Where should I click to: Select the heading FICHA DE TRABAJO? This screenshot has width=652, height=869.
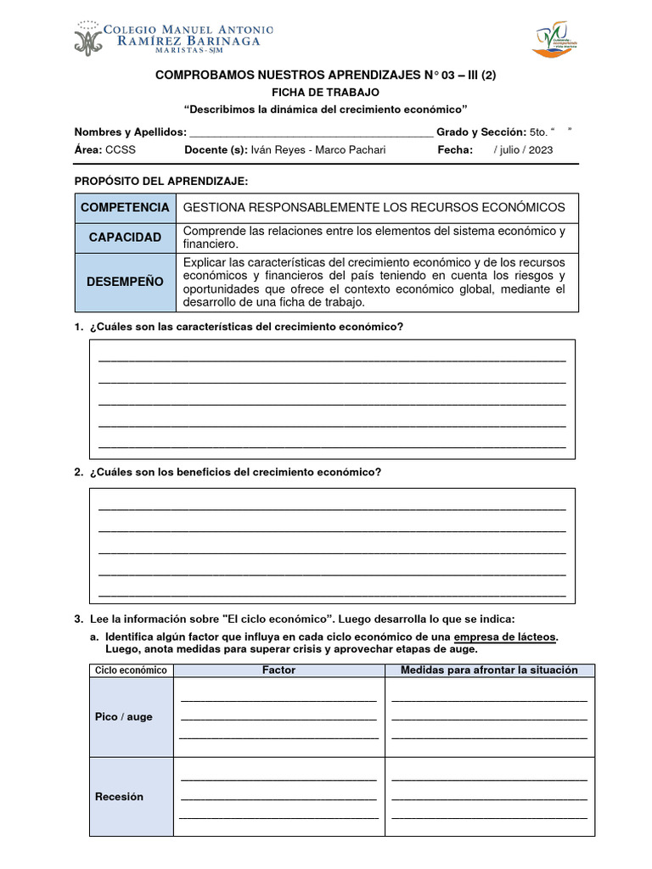click(325, 92)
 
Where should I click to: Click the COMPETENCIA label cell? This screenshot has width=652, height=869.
click(125, 208)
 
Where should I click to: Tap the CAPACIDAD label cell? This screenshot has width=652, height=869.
click(125, 237)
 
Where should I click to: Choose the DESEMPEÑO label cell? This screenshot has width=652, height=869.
click(125, 282)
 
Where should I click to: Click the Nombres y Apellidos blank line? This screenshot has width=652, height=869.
click(311, 132)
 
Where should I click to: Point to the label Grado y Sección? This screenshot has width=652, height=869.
click(481, 132)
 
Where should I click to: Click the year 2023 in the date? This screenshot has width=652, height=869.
click(539, 150)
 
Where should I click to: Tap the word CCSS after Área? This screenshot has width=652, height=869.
click(120, 150)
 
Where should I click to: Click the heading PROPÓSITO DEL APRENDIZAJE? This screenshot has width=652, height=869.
click(161, 182)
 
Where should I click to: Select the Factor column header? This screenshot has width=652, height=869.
click(278, 670)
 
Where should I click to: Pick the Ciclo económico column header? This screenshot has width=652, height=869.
click(131, 670)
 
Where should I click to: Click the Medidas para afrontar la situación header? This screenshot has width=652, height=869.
click(489, 670)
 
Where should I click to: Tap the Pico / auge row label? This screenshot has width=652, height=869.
click(124, 717)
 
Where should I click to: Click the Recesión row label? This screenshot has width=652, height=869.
click(120, 797)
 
